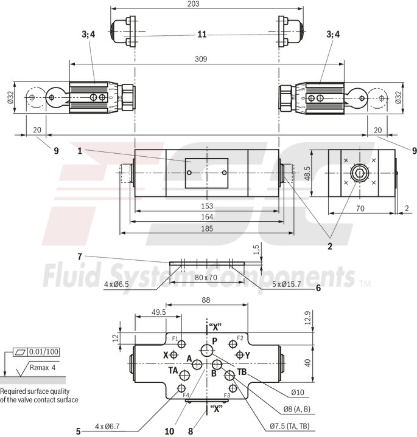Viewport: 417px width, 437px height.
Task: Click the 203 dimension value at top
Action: (x=207, y=4)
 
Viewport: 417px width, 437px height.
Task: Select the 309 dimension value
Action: (x=201, y=59)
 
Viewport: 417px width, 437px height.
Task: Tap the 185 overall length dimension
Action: (x=206, y=229)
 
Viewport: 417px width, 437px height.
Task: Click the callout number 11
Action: (x=201, y=35)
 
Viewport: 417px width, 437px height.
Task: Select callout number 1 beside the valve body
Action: (x=80, y=150)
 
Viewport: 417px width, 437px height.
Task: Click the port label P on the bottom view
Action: (x=214, y=342)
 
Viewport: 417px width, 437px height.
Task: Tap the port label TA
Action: (x=173, y=371)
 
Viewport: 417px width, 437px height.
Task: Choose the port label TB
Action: (x=242, y=371)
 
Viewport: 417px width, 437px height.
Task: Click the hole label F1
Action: (x=174, y=339)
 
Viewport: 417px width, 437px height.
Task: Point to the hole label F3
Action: (x=226, y=395)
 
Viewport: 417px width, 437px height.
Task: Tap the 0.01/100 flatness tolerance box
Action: (x=44, y=352)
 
